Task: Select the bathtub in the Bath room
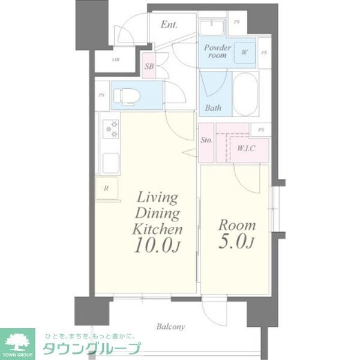point(245,94)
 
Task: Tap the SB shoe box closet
point(149,67)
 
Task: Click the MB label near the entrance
point(115,60)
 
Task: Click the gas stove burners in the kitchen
point(112,129)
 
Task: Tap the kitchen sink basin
point(111,162)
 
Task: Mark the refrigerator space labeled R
point(107,188)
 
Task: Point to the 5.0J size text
point(236,244)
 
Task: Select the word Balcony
point(171,327)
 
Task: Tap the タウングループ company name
point(90,349)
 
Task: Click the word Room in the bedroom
point(236,226)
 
